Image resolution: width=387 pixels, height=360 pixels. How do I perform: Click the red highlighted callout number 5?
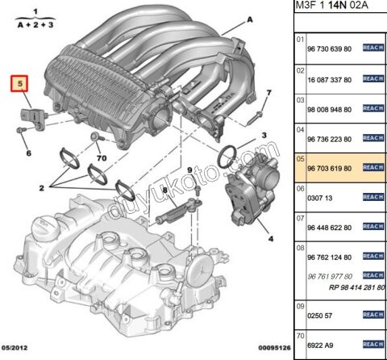pyautogui.click(x=19, y=84)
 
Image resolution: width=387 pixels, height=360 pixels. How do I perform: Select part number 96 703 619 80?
pyautogui.click(x=329, y=169)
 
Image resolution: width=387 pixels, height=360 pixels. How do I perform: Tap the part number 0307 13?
pyautogui.click(x=319, y=199)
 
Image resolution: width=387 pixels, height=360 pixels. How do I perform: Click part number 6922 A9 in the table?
pyautogui.click(x=320, y=345)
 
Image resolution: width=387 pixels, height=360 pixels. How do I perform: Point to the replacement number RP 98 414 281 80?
pyautogui.click(x=357, y=287)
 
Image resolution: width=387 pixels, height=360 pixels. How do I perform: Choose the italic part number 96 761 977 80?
pyautogui.click(x=330, y=277)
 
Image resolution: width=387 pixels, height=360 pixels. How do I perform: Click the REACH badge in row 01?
pyautogui.click(x=373, y=48)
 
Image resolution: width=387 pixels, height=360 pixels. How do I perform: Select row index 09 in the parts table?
pyautogui.click(x=300, y=307)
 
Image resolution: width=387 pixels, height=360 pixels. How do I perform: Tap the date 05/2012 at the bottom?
pyautogui.click(x=15, y=348)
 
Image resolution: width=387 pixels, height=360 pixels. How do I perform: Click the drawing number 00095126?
pyautogui.click(x=274, y=348)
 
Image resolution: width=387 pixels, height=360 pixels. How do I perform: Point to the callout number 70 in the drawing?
pyautogui.click(x=102, y=158)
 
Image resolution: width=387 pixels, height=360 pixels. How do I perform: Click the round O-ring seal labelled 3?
pyautogui.click(x=227, y=157)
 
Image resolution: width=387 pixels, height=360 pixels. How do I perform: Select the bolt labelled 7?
pyautogui.click(x=254, y=119)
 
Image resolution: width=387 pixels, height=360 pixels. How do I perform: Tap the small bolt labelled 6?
pyautogui.click(x=21, y=130)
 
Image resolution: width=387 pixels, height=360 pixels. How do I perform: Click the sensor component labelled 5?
pyautogui.click(x=34, y=119)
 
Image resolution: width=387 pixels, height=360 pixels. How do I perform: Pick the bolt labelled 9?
pyautogui.click(x=198, y=190)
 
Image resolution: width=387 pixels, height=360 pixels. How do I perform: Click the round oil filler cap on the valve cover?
pyautogui.click(x=43, y=228)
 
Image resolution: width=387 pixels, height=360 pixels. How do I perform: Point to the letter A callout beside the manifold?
pyautogui.click(x=250, y=19)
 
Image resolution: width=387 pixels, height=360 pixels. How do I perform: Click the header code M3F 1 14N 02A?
pyautogui.click(x=332, y=6)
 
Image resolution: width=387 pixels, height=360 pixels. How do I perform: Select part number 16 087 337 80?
pyautogui.click(x=329, y=80)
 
